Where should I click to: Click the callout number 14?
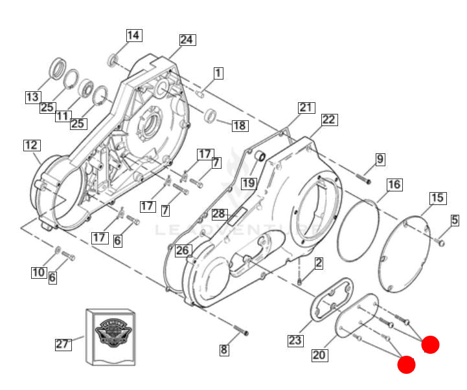(x=133, y=36)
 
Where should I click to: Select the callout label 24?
(x=187, y=39)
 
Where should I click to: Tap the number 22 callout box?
(x=329, y=120)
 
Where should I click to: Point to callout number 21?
(x=305, y=107)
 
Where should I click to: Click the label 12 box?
(x=31, y=145)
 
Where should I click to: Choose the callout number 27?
(x=62, y=344)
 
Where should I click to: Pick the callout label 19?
(x=249, y=183)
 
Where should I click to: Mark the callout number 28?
(x=219, y=214)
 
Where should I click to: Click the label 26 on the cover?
(x=183, y=250)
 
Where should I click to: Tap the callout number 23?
(x=295, y=340)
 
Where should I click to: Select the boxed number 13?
(x=32, y=98)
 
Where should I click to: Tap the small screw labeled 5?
(x=441, y=243)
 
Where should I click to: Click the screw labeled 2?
(x=301, y=281)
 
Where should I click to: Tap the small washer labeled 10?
(x=58, y=250)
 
